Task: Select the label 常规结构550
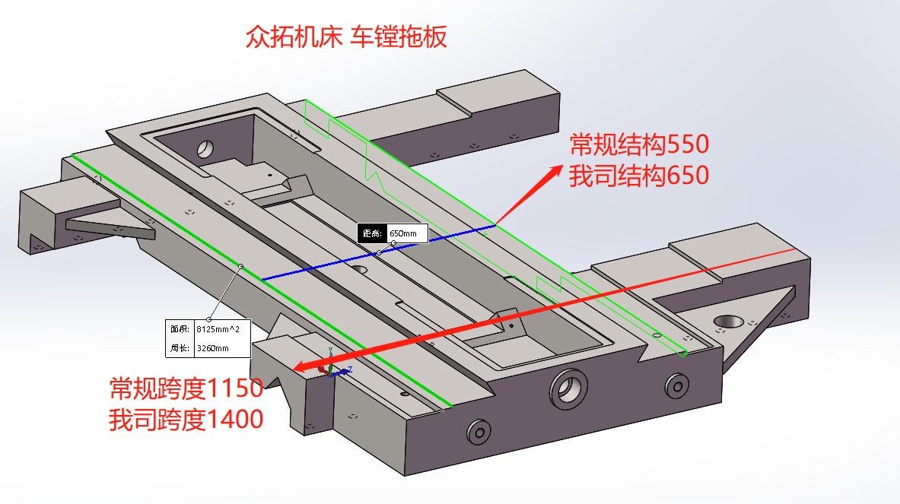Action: click(639, 144)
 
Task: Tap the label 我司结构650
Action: click(639, 176)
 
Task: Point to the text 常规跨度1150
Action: click(186, 388)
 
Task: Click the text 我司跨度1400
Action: click(186, 419)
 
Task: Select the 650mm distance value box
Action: click(407, 233)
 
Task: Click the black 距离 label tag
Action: click(371, 233)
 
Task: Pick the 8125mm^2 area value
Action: click(221, 329)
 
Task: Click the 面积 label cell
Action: click(180, 329)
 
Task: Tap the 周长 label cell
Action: click(180, 348)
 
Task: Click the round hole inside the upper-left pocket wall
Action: click(206, 147)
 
